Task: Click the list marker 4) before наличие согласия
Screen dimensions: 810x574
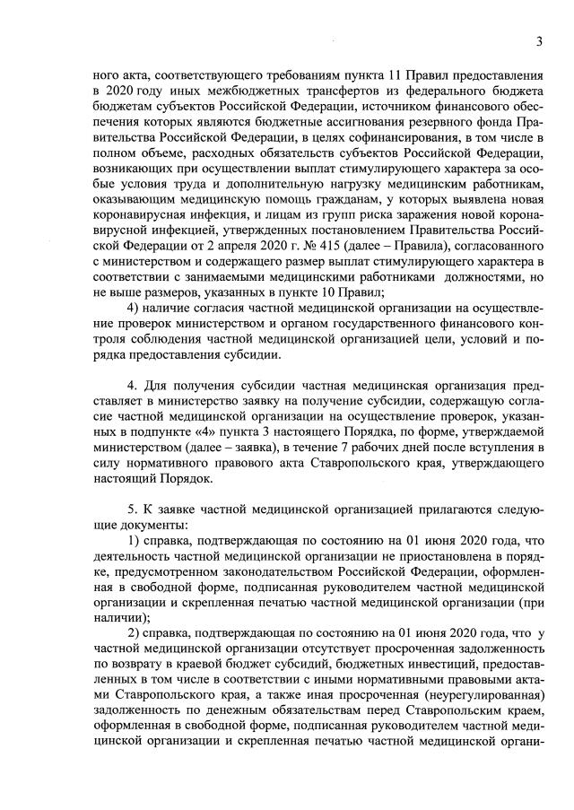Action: [135, 333]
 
